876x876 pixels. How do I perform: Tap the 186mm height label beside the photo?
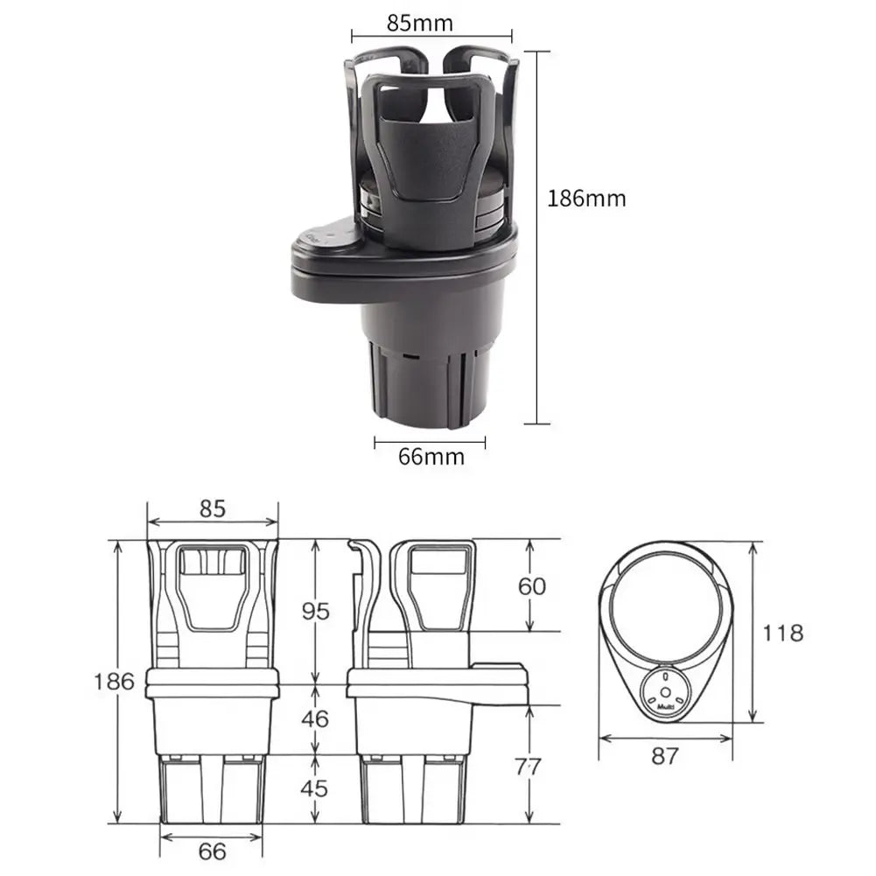587,198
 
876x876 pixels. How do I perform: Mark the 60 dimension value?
532,585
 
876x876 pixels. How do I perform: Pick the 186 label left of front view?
114,681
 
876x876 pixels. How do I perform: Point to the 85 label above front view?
212,508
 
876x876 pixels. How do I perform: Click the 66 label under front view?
211,851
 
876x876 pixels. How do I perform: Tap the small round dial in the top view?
666,690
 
